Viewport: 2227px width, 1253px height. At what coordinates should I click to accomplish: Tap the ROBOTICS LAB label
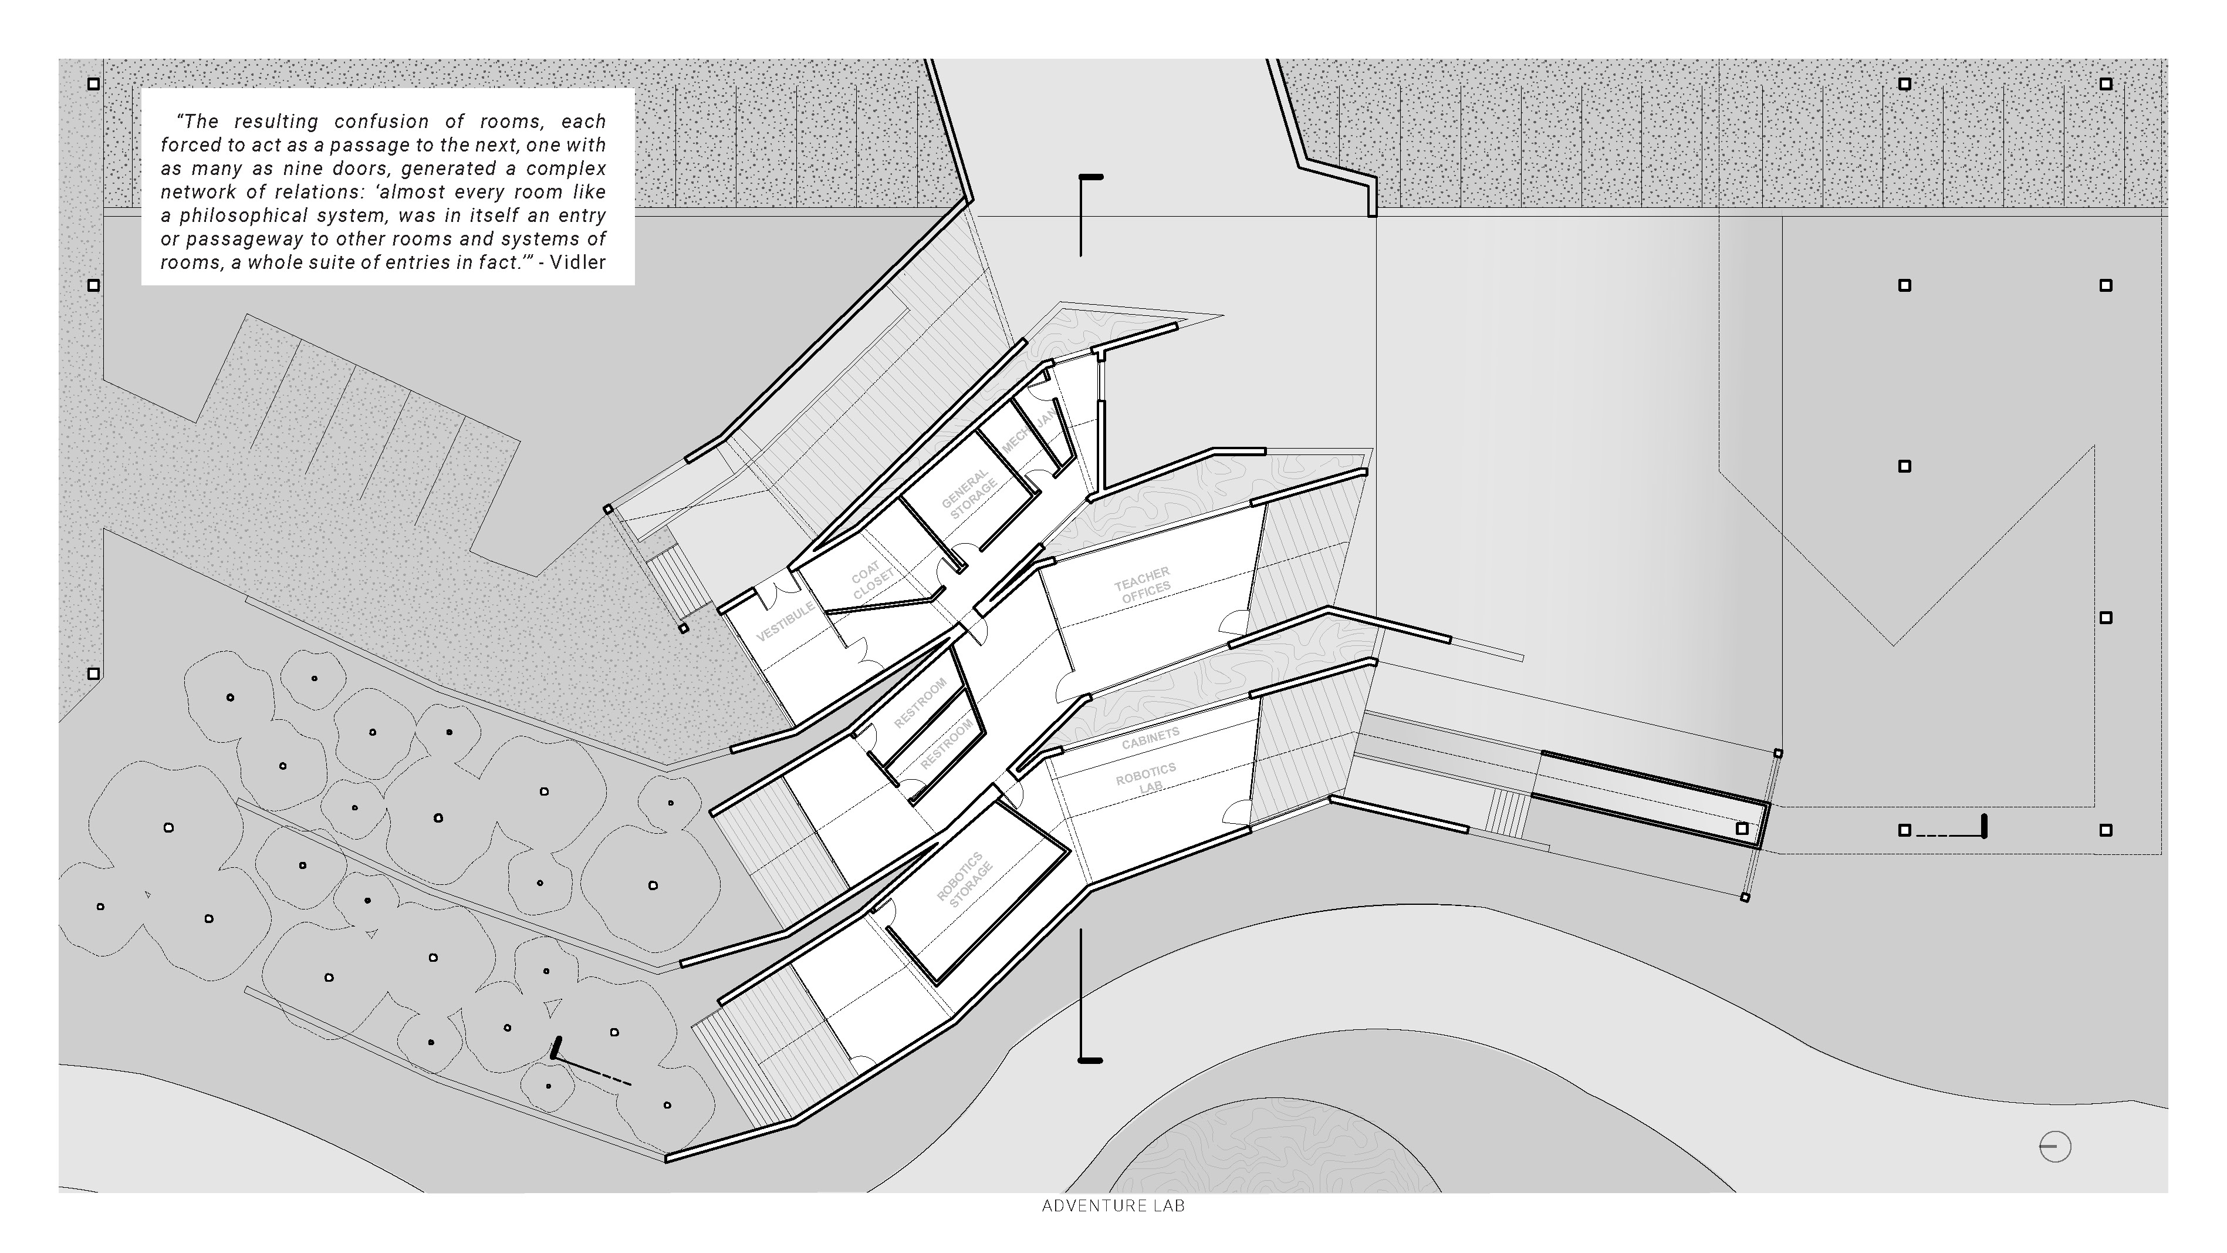coord(1146,777)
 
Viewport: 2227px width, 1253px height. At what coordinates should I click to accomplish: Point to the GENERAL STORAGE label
coord(969,494)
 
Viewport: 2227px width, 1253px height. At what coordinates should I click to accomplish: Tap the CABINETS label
coord(1150,737)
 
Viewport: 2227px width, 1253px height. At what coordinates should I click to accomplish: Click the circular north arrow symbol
coord(2055,1147)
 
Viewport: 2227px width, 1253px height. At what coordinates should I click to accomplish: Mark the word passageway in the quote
coord(239,238)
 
